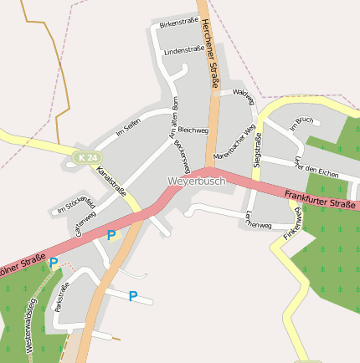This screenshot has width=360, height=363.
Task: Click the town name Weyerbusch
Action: click(x=197, y=181)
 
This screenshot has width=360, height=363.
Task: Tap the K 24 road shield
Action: click(x=85, y=157)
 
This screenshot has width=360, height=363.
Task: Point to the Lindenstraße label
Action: click(x=184, y=51)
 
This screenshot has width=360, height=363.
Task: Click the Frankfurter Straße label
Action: click(x=321, y=199)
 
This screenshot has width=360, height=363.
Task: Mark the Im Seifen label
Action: click(x=128, y=127)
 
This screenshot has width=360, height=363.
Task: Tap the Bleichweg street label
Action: click(x=193, y=130)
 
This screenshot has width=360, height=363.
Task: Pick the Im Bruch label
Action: click(x=300, y=123)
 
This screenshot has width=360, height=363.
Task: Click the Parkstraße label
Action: click(x=61, y=297)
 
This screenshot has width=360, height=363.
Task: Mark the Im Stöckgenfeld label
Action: click(x=76, y=205)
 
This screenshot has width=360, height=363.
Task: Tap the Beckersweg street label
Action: click(x=182, y=156)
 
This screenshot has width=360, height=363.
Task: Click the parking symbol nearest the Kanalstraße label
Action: click(x=111, y=236)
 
